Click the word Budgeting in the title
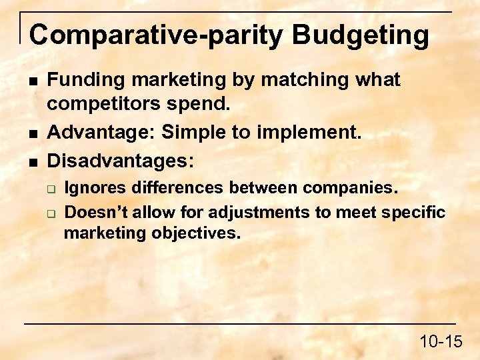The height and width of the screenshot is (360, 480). [x=361, y=35]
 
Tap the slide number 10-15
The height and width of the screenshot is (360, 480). [x=441, y=342]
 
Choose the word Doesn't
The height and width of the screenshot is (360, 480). [x=95, y=212]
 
